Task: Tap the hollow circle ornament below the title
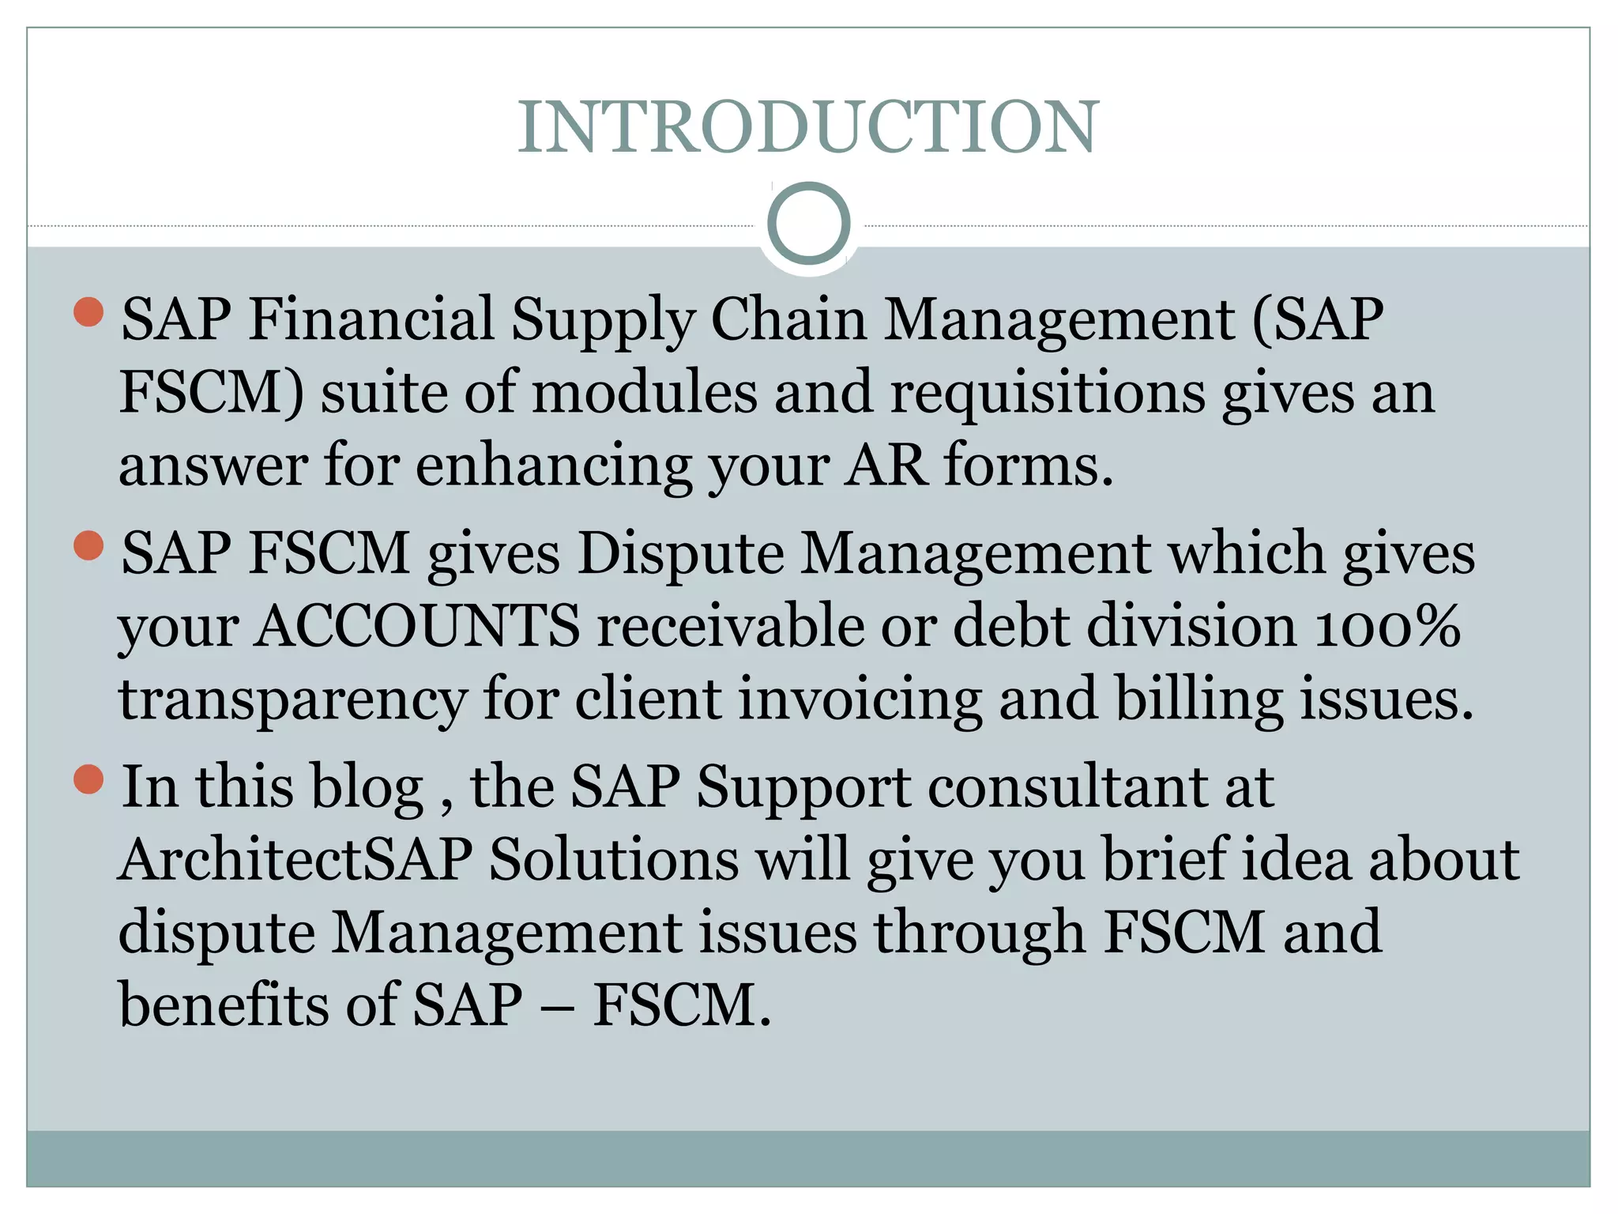point(808,223)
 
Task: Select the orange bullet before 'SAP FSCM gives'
point(88,545)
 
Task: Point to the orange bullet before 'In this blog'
point(88,779)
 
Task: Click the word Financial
point(371,319)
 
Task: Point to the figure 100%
point(1387,626)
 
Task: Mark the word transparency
point(292,701)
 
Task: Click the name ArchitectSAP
point(295,859)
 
